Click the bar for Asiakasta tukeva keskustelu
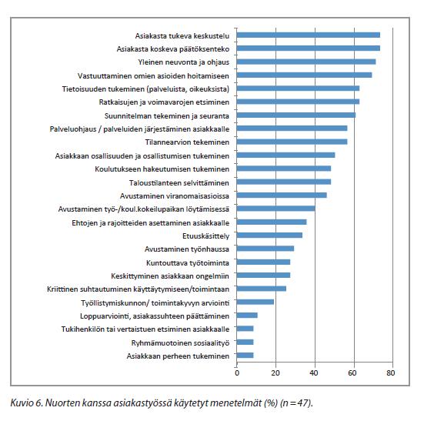[x=309, y=35]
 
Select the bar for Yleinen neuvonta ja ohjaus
[x=306, y=62]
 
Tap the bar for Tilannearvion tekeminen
[x=292, y=142]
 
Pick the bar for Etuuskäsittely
[x=269, y=236]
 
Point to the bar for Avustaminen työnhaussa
[x=265, y=249]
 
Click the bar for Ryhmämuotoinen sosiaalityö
[x=245, y=342]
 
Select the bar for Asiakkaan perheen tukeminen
[x=245, y=356]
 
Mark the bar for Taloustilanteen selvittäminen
[x=284, y=182]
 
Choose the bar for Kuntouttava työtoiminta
[x=263, y=262]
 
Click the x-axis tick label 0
[x=237, y=373]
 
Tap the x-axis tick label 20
[x=275, y=373]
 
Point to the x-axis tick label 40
[x=314, y=373]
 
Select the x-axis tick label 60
[x=352, y=373]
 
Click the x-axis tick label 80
[x=391, y=373]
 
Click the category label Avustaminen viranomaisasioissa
[x=175, y=195]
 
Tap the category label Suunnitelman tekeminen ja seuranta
[x=167, y=116]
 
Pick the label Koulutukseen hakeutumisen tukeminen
[x=162, y=169]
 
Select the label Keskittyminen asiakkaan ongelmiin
[x=170, y=276]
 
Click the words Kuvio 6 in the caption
[x=26, y=403]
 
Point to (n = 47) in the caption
[x=295, y=403]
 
